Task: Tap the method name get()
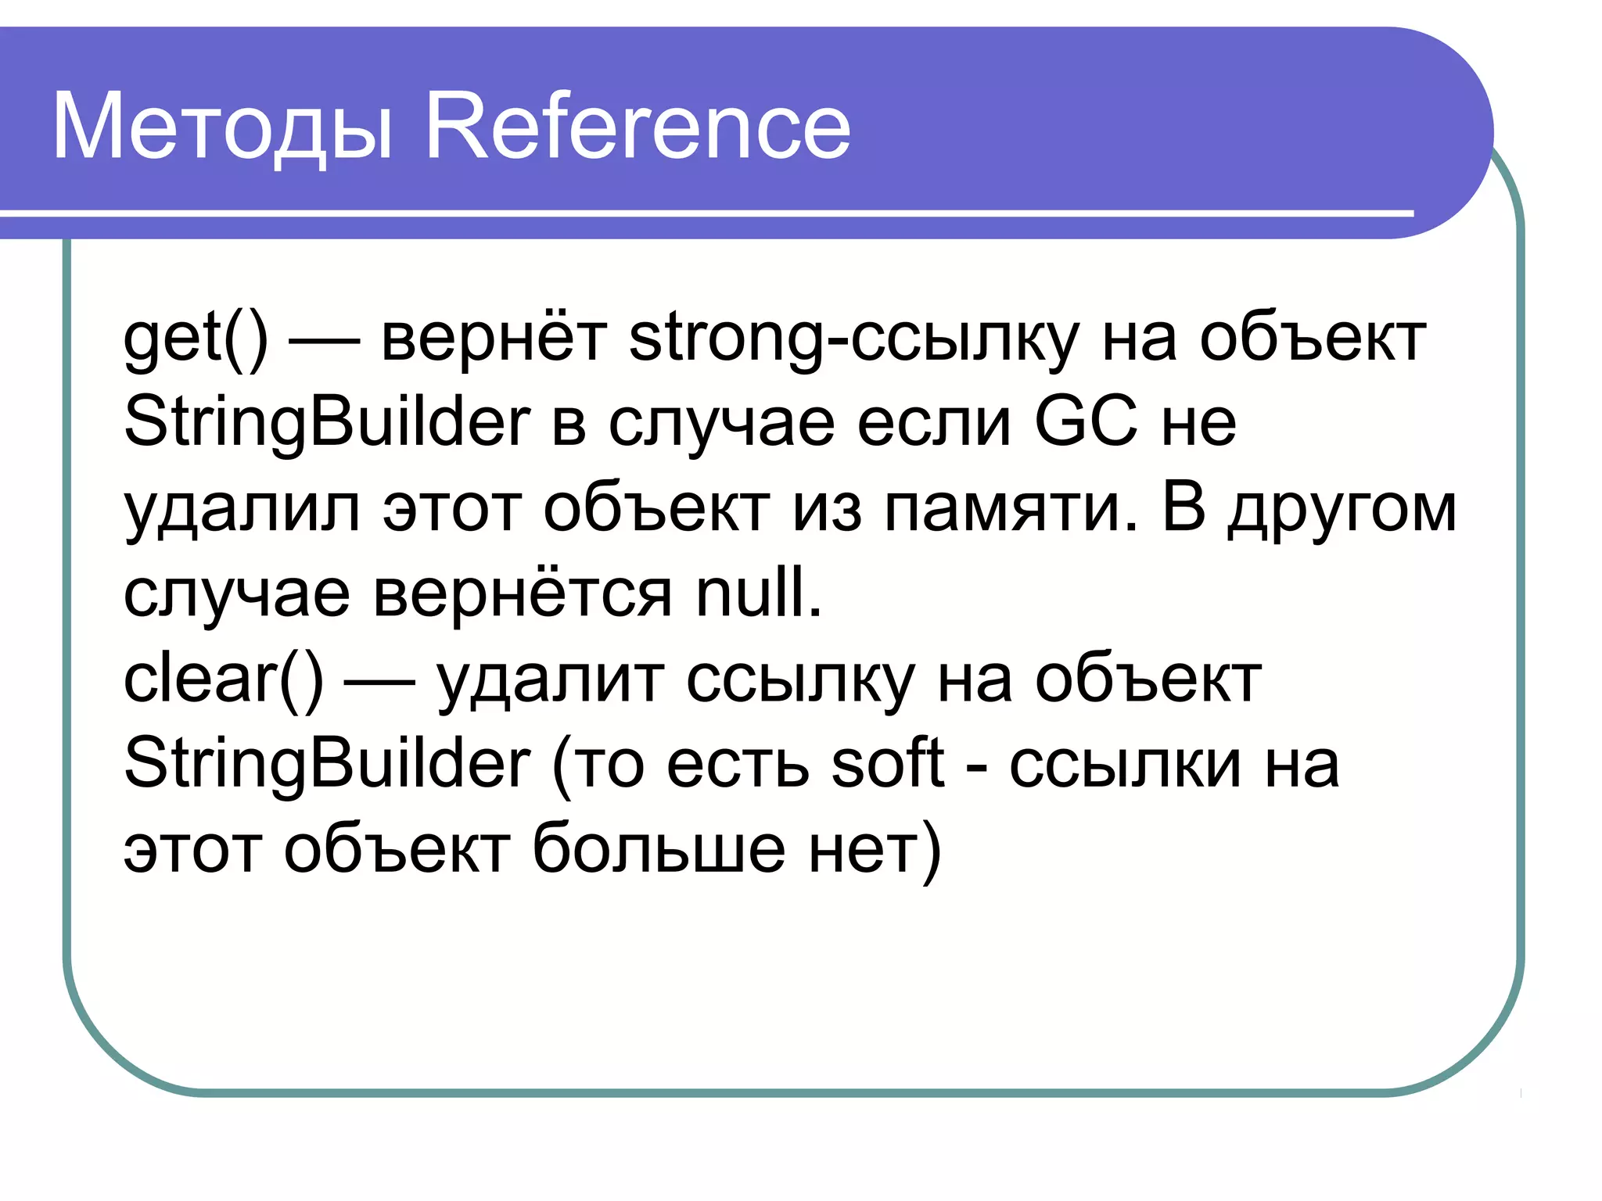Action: pyautogui.click(x=196, y=339)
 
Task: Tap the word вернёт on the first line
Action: pyautogui.click(x=494, y=339)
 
